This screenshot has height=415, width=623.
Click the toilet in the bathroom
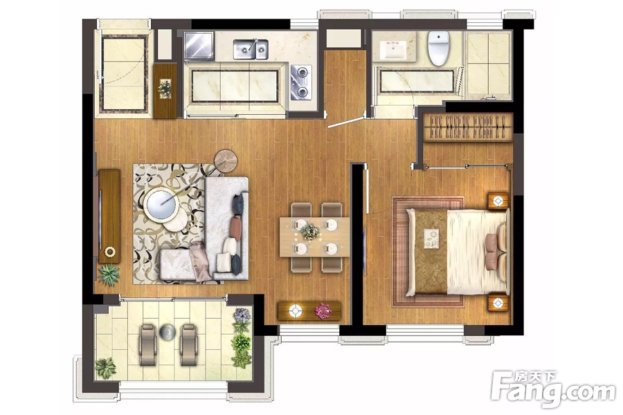pyautogui.click(x=439, y=48)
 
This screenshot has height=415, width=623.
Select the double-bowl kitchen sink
pyautogui.click(x=251, y=49)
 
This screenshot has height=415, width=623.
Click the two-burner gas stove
pyautogui.click(x=301, y=82)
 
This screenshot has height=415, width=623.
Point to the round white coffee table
pyautogui.click(x=161, y=204)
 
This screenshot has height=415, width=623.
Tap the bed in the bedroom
pyautogui.click(x=458, y=252)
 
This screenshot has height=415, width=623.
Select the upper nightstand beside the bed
pyautogui.click(x=498, y=201)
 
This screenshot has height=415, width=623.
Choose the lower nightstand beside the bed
pyautogui.click(x=498, y=304)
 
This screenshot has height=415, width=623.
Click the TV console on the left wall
pyautogui.click(x=109, y=216)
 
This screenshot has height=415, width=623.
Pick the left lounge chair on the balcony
pyautogui.click(x=147, y=344)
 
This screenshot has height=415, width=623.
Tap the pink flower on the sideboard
pyautogui.click(x=323, y=311)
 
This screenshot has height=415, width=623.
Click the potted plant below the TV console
pyautogui.click(x=109, y=275)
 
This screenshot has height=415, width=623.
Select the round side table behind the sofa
pyautogui.click(x=226, y=161)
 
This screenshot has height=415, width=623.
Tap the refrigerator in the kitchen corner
pyautogui.click(x=199, y=45)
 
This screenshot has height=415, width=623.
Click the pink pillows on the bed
pyautogui.click(x=491, y=252)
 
